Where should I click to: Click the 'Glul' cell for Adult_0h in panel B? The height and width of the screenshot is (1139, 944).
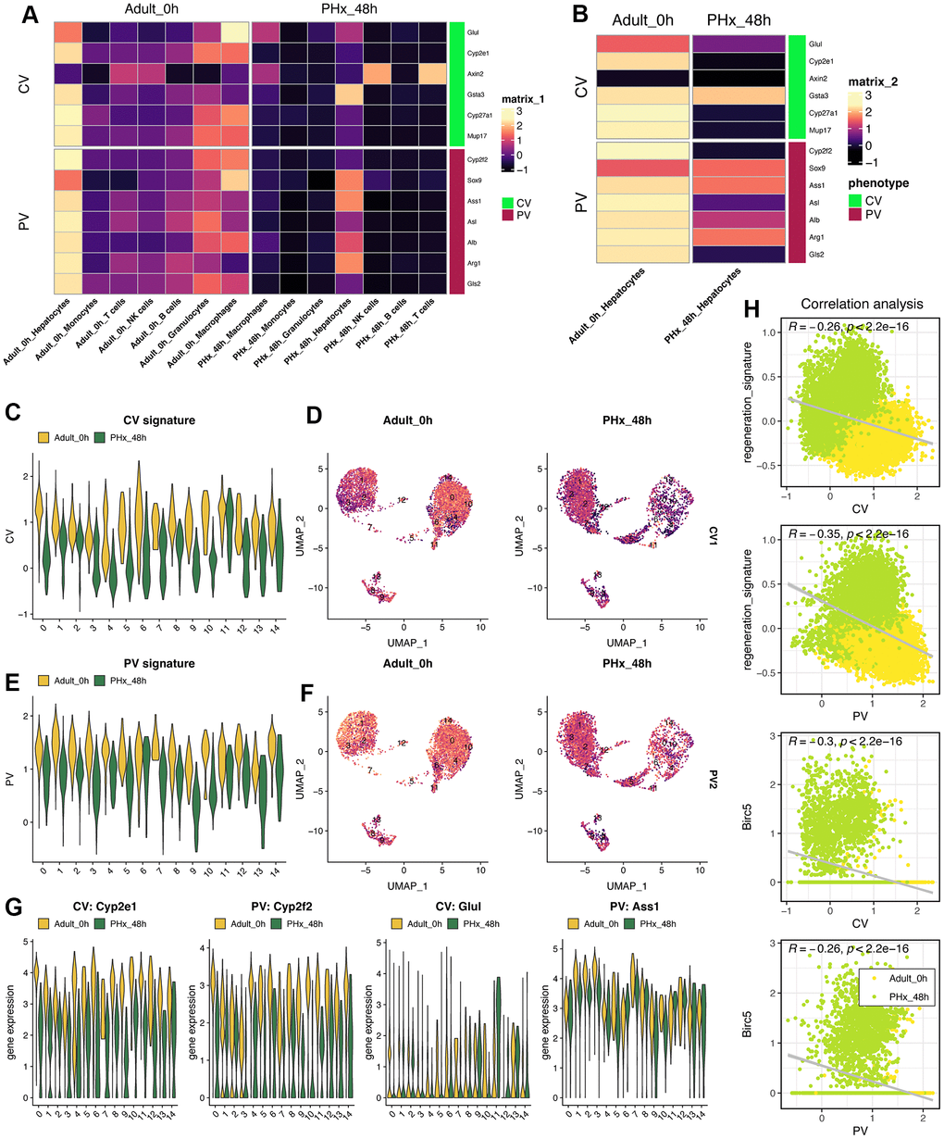(642, 43)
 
